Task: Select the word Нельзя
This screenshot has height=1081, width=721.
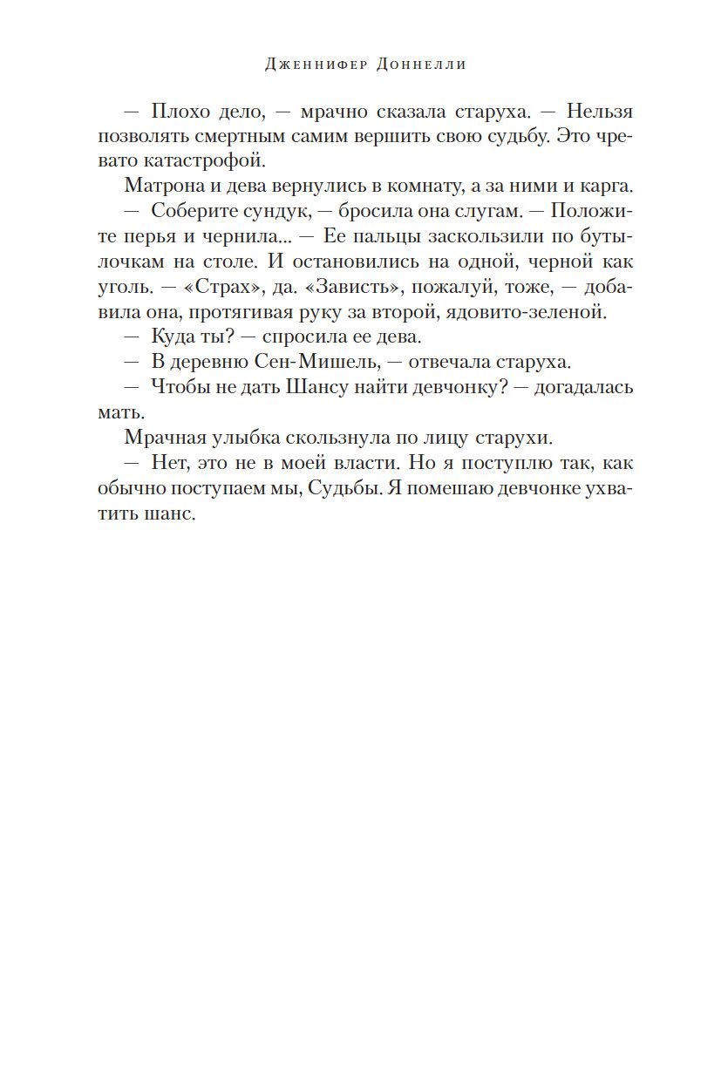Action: point(601,112)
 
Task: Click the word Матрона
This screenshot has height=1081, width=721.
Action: point(161,187)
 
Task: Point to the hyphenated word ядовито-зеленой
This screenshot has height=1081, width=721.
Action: point(538,311)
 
